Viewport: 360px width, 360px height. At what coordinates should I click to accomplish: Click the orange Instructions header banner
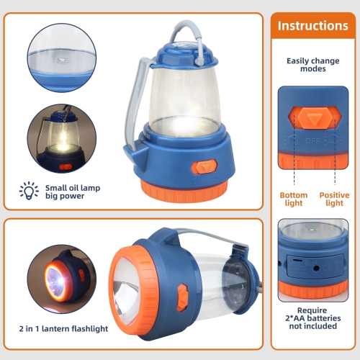(312, 26)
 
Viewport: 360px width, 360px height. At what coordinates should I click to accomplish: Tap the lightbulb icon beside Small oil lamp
(29, 190)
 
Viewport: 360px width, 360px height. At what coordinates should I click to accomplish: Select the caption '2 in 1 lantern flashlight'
(64, 328)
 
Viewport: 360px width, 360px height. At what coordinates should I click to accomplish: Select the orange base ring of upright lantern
(184, 190)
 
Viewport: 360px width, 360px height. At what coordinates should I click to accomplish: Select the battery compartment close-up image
(314, 258)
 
